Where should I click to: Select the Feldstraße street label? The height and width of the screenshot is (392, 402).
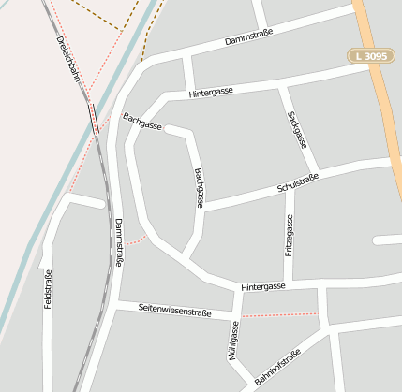coord(49,289)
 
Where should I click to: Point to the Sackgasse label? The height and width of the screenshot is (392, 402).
coord(298,129)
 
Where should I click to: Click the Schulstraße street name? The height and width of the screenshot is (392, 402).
coord(298,182)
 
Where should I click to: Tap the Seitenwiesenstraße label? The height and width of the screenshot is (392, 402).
coord(174,310)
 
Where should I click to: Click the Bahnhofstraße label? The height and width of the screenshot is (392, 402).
coord(276,367)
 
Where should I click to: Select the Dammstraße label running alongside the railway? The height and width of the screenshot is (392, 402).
coord(118,244)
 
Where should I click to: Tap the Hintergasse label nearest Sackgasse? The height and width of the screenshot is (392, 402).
coord(210,94)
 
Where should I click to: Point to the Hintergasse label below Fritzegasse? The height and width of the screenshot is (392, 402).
coord(262,286)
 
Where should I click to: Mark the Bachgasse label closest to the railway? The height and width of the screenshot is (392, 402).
coord(142,121)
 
